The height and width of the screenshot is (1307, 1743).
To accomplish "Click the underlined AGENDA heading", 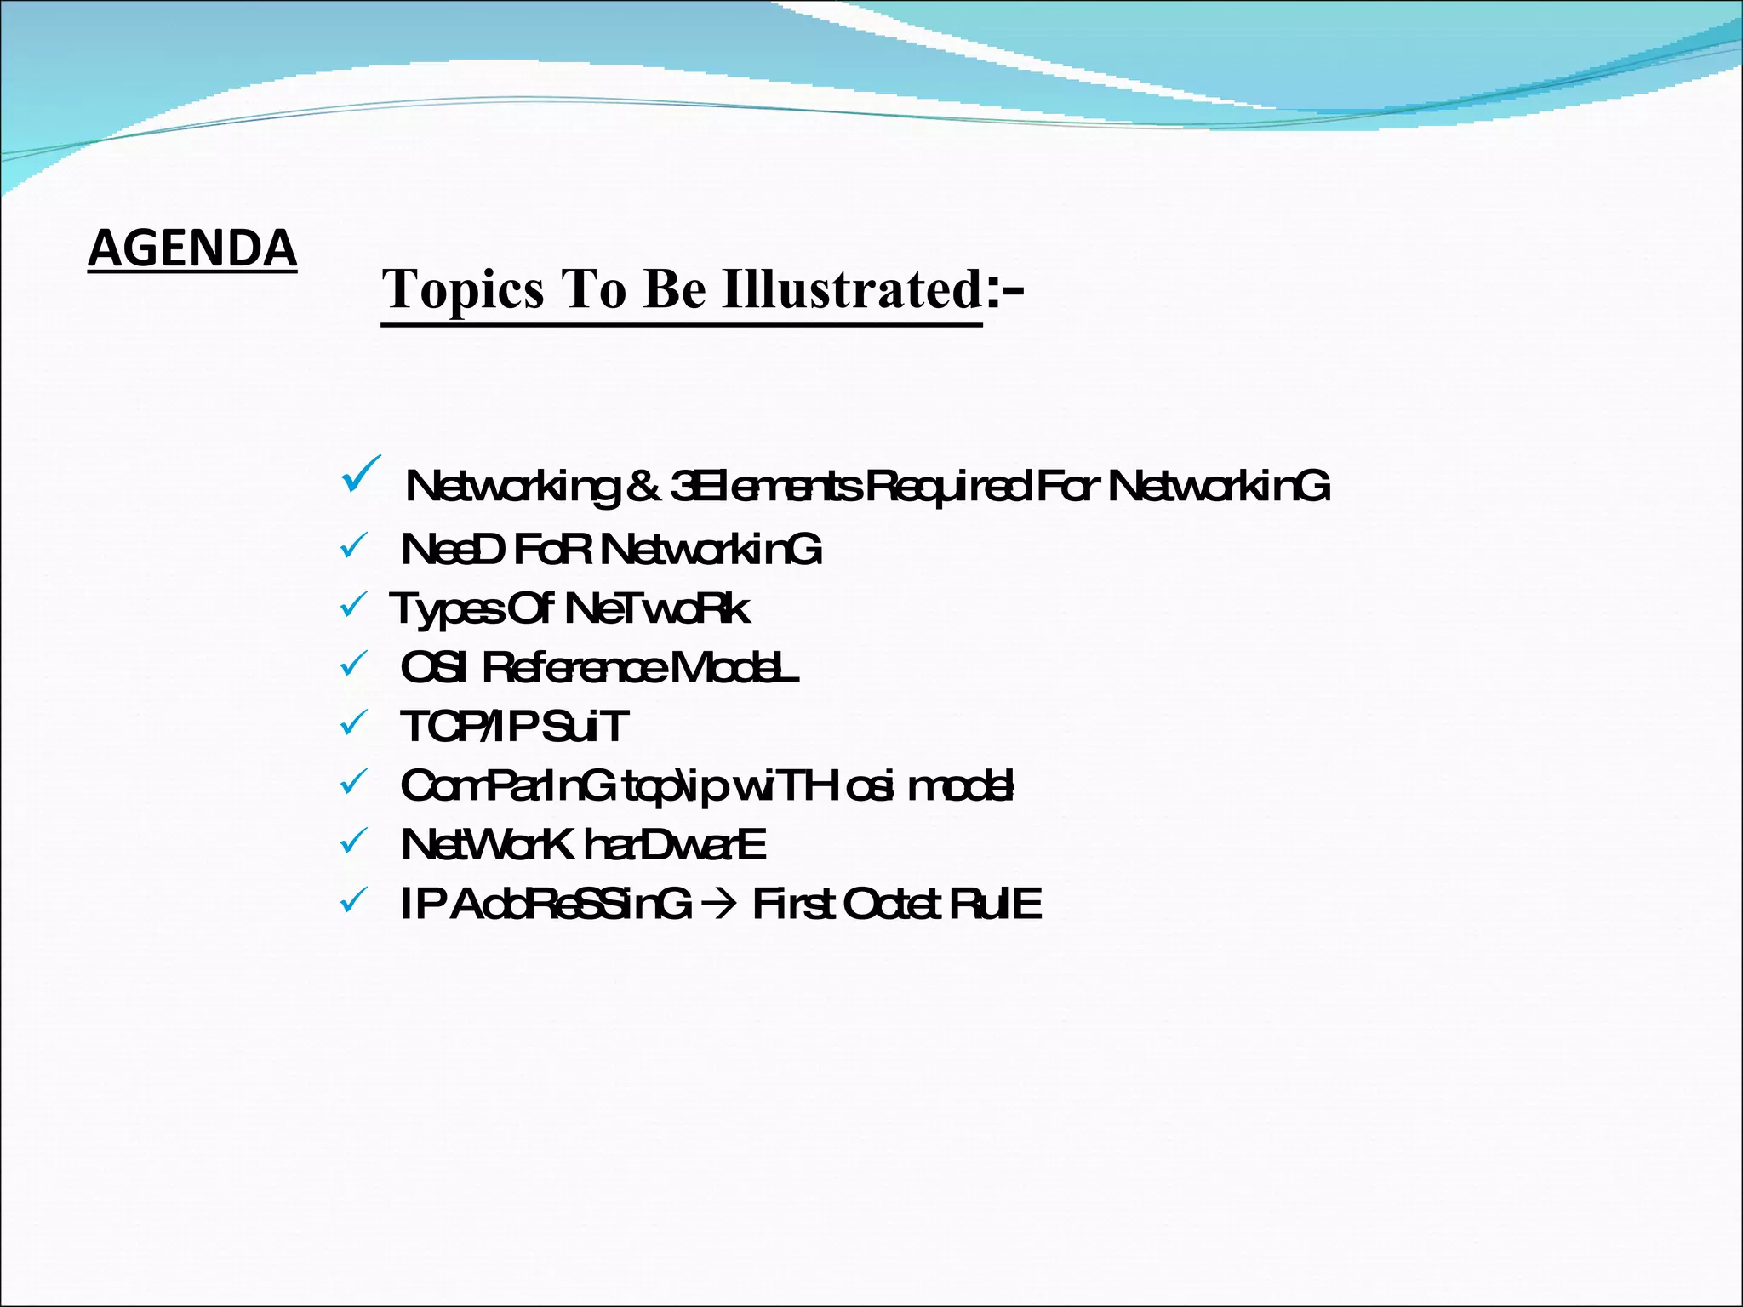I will (x=192, y=248).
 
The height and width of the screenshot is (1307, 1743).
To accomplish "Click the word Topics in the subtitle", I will (x=462, y=289).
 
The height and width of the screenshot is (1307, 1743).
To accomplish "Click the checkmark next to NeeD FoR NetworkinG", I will (x=353, y=546).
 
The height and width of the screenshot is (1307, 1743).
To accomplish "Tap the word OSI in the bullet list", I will (x=433, y=668).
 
